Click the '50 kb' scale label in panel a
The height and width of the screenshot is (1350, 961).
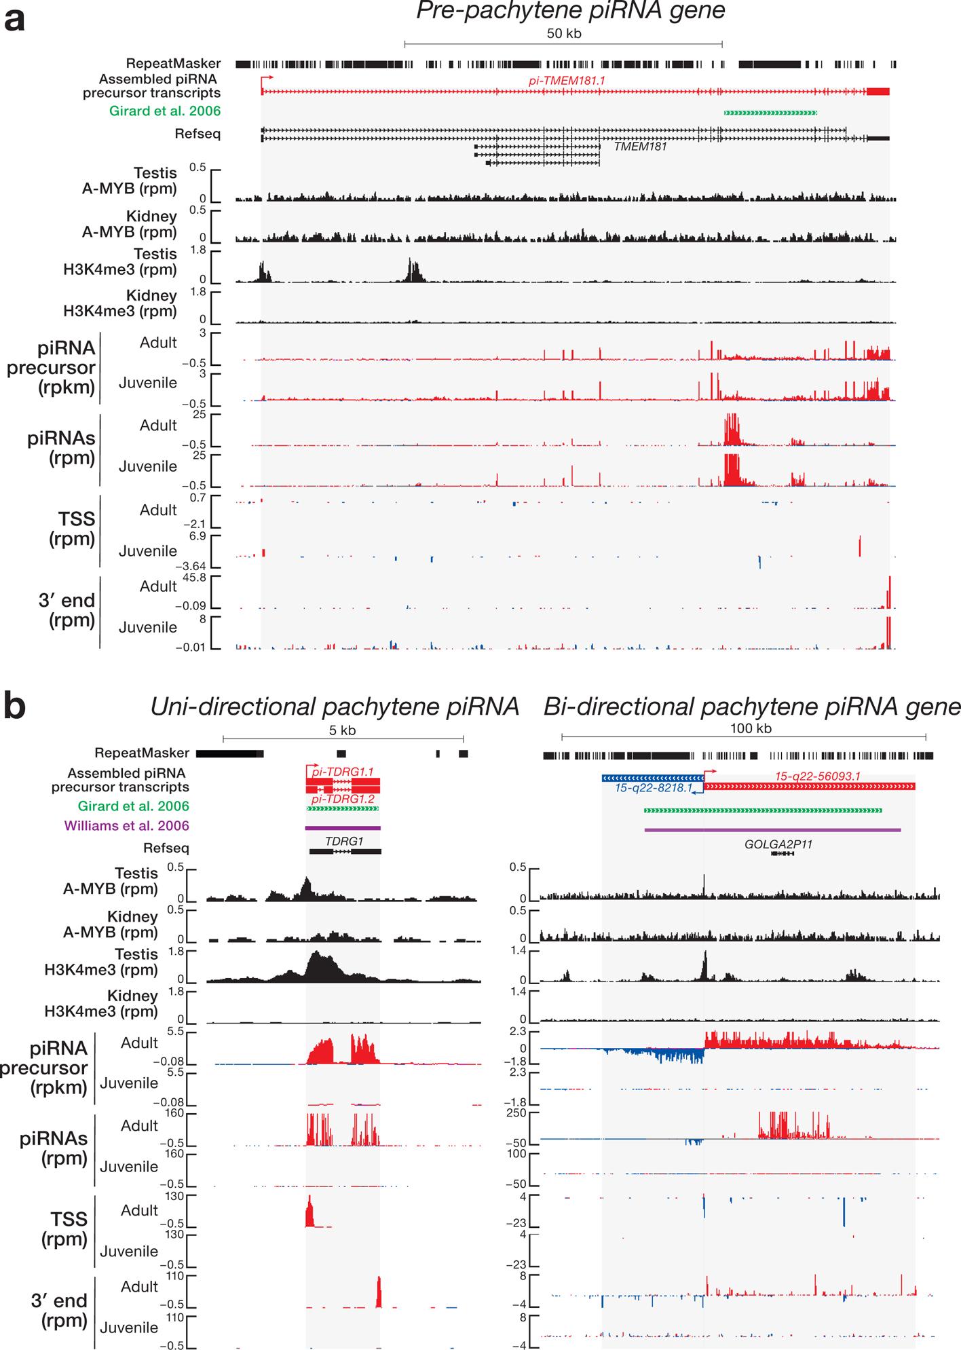564,33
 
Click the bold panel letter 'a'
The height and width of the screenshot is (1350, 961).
14,19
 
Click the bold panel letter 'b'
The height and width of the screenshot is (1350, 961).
15,706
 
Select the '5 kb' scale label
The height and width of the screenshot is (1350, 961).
342,730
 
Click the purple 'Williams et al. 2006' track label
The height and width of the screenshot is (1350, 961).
126,826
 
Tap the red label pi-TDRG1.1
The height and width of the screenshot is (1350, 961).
343,772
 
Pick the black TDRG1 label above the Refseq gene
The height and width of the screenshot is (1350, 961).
344,840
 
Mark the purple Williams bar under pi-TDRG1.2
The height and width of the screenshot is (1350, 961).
343,828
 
